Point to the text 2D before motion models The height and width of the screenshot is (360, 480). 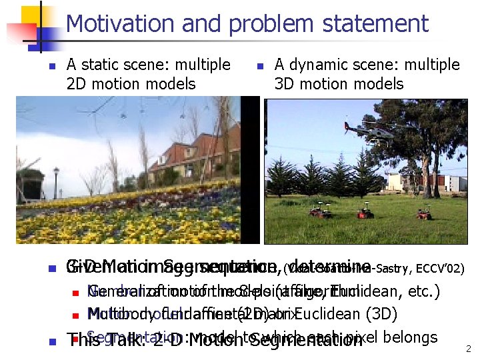(78, 84)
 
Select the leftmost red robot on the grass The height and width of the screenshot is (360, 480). (319, 211)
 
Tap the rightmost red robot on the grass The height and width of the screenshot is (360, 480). (424, 213)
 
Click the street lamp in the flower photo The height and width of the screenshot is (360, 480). (56, 176)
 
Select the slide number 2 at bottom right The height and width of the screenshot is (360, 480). (469, 349)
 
